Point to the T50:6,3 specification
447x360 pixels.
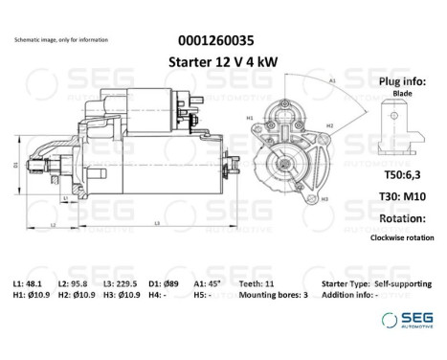(401, 175)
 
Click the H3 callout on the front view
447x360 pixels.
(324, 197)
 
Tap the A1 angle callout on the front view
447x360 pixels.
(332, 82)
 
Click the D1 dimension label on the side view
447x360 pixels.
(15, 165)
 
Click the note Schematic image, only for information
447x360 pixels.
(60, 40)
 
